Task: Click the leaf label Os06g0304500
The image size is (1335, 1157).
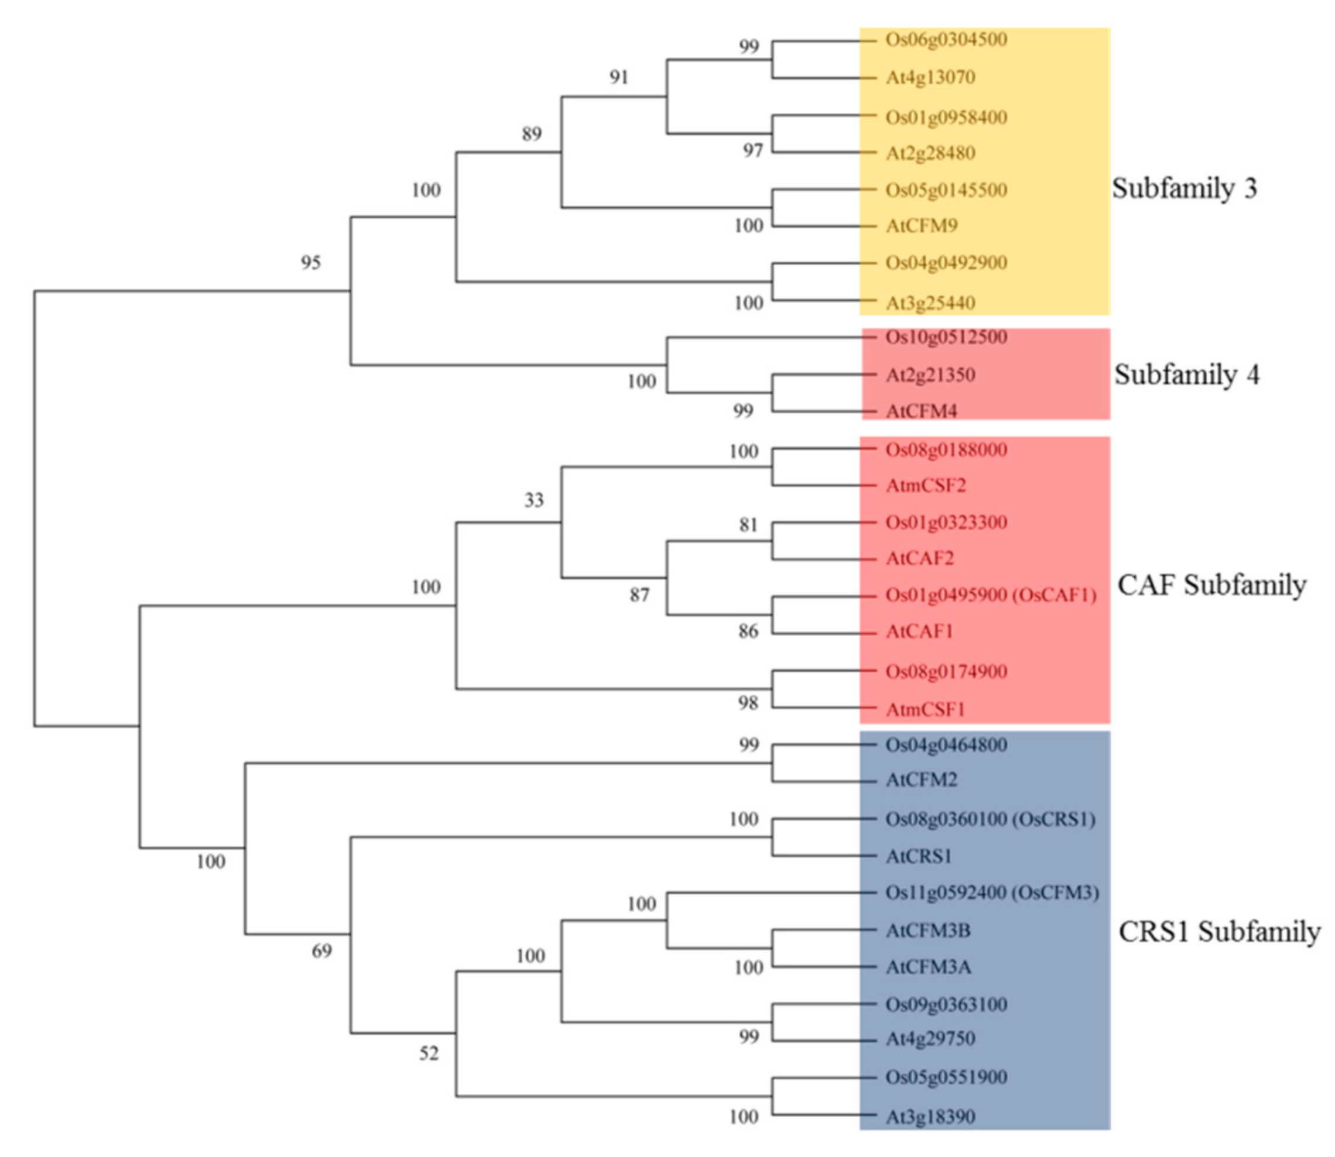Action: point(946,39)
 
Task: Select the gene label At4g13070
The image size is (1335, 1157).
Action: point(930,77)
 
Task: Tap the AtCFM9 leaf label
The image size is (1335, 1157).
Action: point(922,226)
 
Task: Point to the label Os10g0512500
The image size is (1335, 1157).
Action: point(946,337)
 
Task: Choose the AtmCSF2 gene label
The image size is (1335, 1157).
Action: point(926,485)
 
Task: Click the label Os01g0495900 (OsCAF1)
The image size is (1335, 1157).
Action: point(991,595)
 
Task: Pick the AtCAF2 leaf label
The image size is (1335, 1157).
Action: point(920,558)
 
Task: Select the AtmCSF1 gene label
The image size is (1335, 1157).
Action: point(925,709)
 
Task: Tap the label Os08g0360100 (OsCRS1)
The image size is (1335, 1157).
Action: point(990,819)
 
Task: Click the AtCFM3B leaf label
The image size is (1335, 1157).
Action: point(928,931)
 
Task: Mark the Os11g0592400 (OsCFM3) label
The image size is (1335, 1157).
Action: point(991,893)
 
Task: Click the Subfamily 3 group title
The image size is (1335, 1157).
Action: point(1185,188)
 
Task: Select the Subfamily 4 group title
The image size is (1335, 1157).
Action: point(1186,375)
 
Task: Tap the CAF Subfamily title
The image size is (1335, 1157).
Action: point(1211,585)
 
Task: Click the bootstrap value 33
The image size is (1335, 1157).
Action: point(533,500)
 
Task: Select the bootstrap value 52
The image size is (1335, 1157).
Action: point(429,1053)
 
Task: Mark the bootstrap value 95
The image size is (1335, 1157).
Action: point(311,263)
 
